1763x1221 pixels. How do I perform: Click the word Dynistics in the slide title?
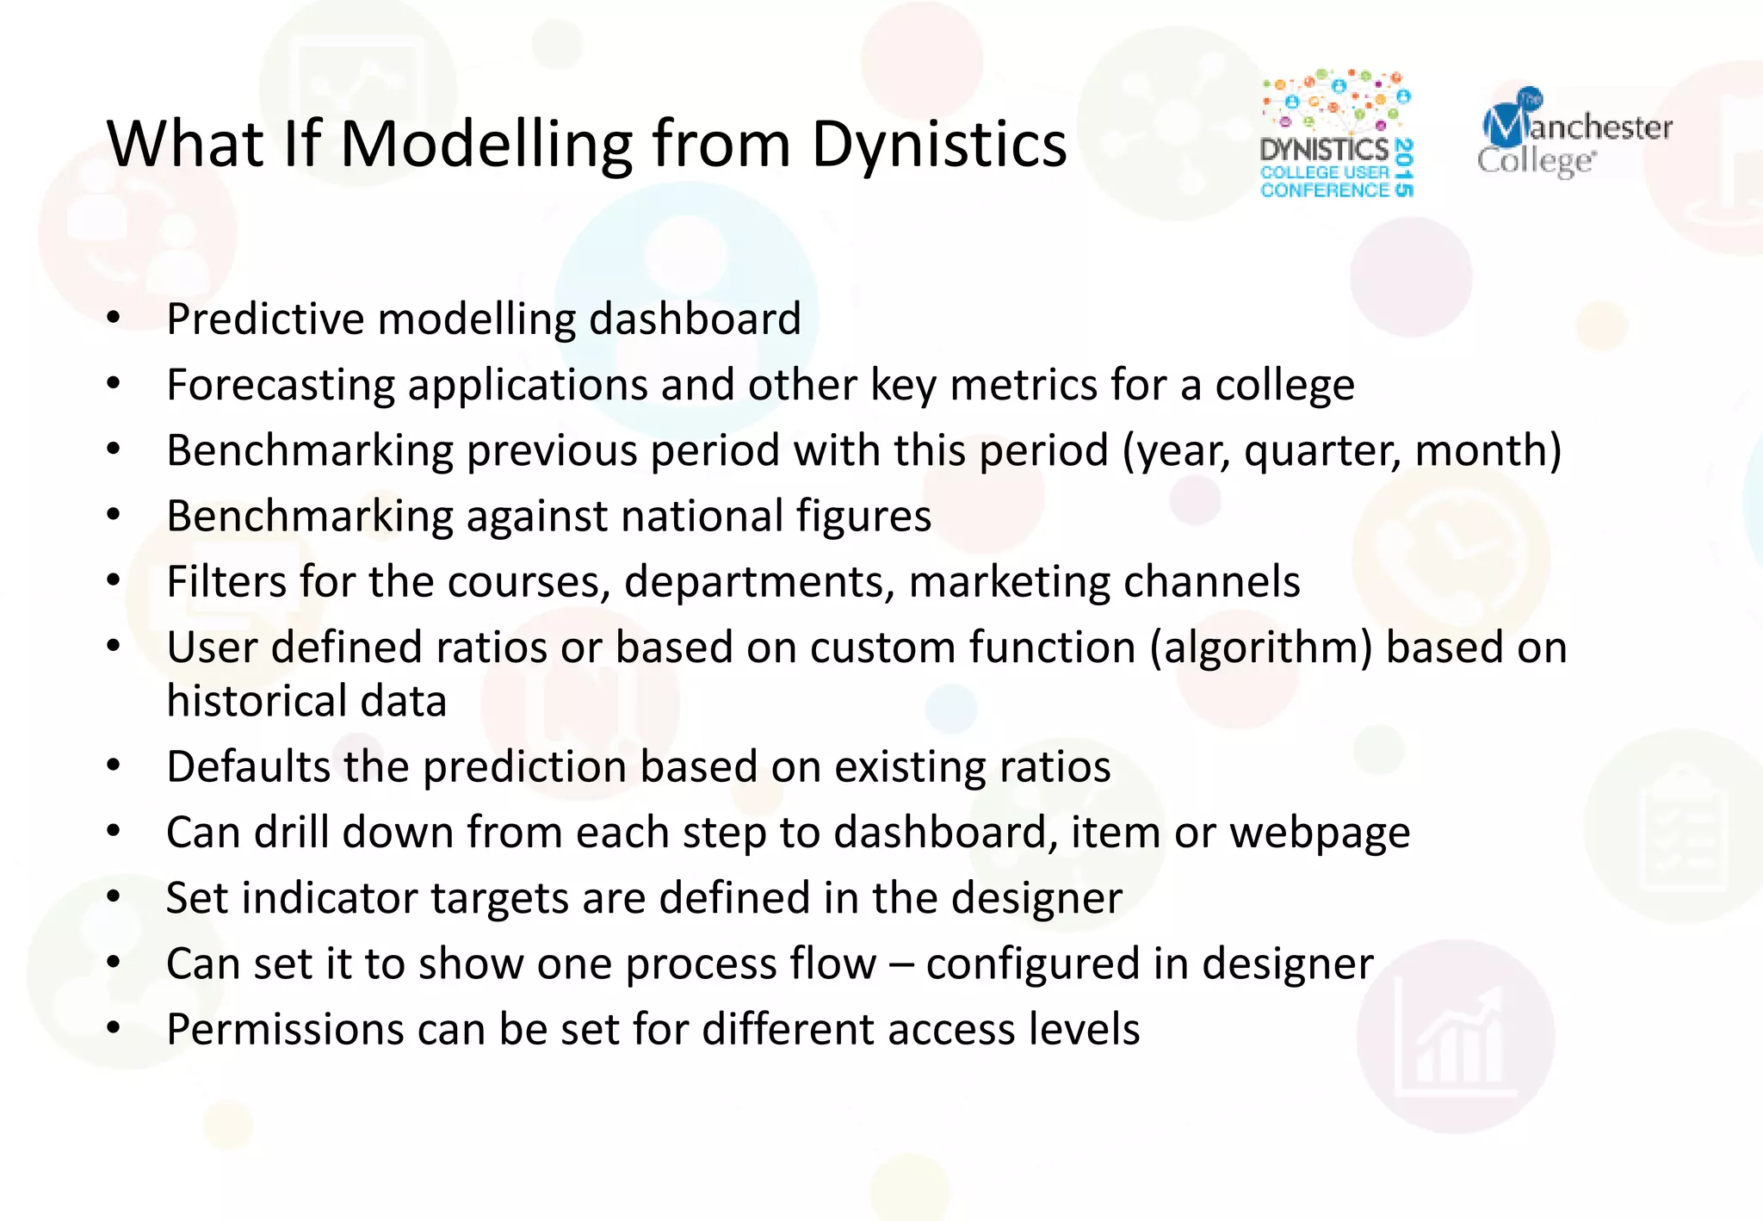[x=938, y=145]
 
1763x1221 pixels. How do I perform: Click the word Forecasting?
[x=280, y=385]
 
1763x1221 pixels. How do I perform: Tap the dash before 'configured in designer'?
[x=900, y=964]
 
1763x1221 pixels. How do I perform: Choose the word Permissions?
[x=284, y=1030]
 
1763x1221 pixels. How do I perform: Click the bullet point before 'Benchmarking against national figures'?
[x=114, y=515]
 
